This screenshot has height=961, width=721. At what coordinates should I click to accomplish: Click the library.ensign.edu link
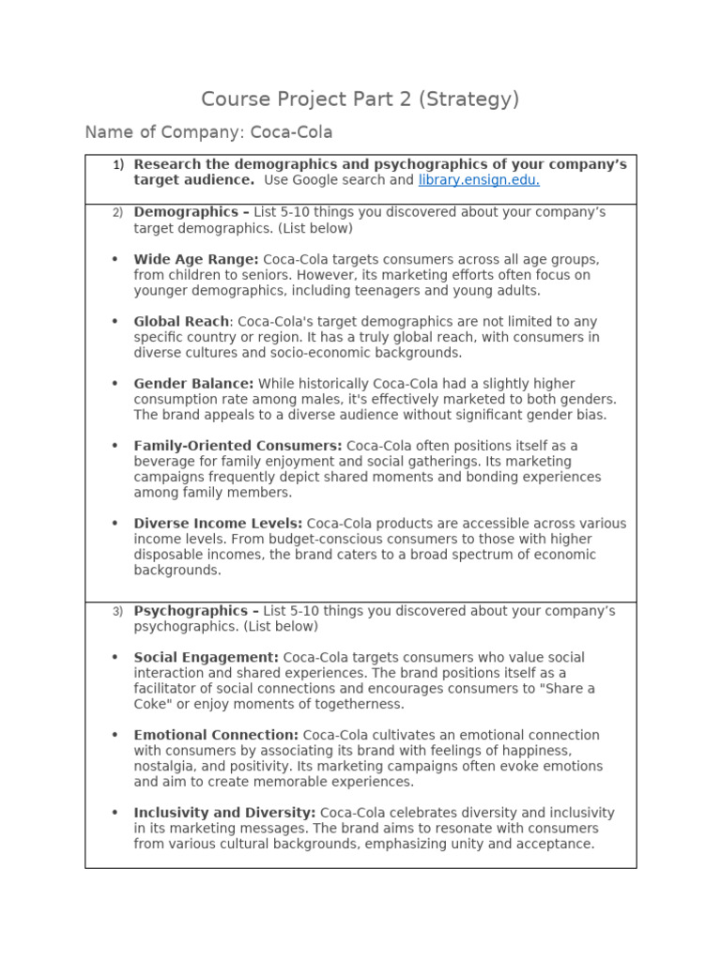coord(479,180)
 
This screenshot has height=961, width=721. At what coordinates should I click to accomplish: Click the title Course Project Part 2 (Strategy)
coord(360,99)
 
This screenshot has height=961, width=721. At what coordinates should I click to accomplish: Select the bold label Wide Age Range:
coord(196,259)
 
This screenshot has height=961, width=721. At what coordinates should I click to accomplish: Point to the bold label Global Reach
coord(181,321)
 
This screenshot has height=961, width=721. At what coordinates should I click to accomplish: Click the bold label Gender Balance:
coord(193,384)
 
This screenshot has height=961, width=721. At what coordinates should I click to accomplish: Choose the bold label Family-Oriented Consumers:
coord(238,446)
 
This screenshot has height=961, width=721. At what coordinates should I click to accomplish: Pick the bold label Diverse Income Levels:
coord(218,524)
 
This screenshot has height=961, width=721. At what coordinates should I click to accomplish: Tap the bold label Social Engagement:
coord(206,658)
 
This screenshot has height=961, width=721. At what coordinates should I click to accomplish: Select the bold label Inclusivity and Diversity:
coord(224,813)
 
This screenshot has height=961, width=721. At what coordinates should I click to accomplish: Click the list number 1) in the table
coord(118,165)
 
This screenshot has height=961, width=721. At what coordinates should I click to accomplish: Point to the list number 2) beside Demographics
coord(118,212)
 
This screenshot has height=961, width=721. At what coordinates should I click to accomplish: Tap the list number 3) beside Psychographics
coord(118,611)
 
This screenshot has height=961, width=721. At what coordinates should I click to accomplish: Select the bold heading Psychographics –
coord(196,611)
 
